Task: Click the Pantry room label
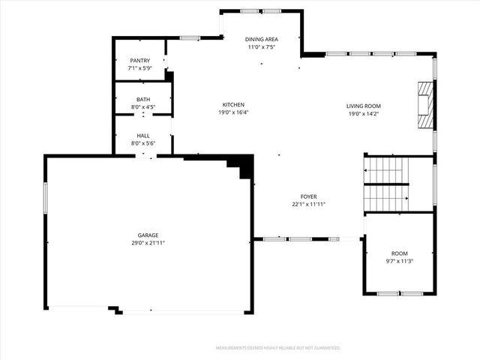click(140, 61)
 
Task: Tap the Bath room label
click(143, 100)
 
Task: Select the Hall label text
click(143, 136)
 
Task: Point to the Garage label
click(147, 235)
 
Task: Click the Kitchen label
click(233, 105)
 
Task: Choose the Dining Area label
click(262, 39)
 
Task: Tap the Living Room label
click(364, 106)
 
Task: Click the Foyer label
click(308, 196)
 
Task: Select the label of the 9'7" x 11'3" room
click(398, 253)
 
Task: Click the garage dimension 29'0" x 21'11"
click(147, 243)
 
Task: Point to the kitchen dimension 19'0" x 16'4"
click(233, 112)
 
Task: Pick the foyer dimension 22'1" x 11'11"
click(308, 204)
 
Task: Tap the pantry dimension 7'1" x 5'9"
click(140, 68)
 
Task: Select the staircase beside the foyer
click(386, 184)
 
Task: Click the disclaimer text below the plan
click(278, 348)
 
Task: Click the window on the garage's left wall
click(45, 199)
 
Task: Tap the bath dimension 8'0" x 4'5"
click(143, 107)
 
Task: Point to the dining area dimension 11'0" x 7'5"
click(262, 46)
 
